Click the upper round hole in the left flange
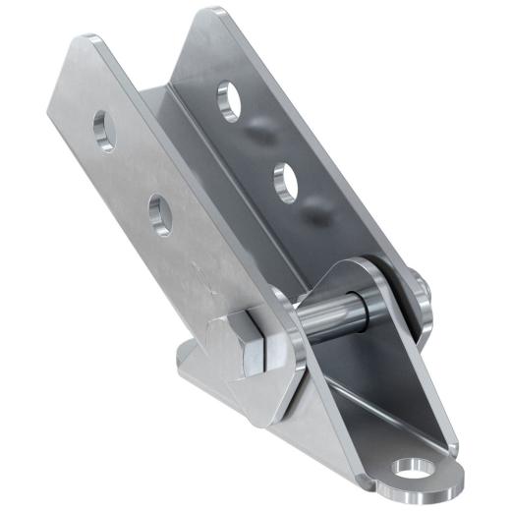tap(101, 127)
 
